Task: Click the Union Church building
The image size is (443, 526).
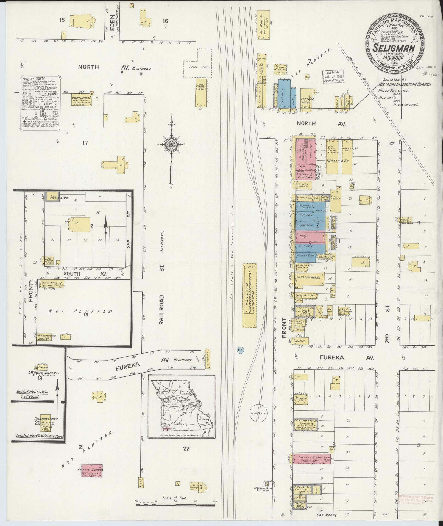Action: (x=81, y=100)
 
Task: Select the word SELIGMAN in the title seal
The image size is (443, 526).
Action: (x=394, y=48)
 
